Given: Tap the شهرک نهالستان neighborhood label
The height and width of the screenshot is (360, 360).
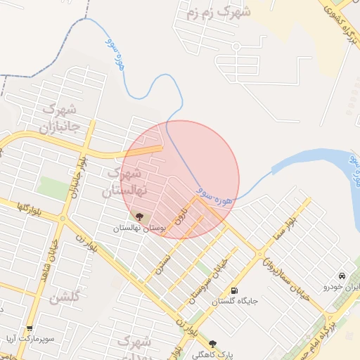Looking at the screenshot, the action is tap(124, 181).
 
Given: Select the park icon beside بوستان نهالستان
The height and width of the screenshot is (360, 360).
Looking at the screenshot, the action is tap(139, 217).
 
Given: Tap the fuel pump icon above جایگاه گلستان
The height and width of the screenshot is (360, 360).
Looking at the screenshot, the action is tap(234, 290).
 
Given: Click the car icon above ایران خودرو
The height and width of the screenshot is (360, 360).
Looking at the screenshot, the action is tap(341, 276).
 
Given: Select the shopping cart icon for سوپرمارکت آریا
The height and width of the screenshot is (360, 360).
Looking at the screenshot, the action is tap(29, 328).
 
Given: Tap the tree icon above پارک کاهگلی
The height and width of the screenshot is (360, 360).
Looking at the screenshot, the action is tap(212, 344).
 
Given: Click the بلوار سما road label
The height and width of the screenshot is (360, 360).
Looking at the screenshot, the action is tap(288, 230).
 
